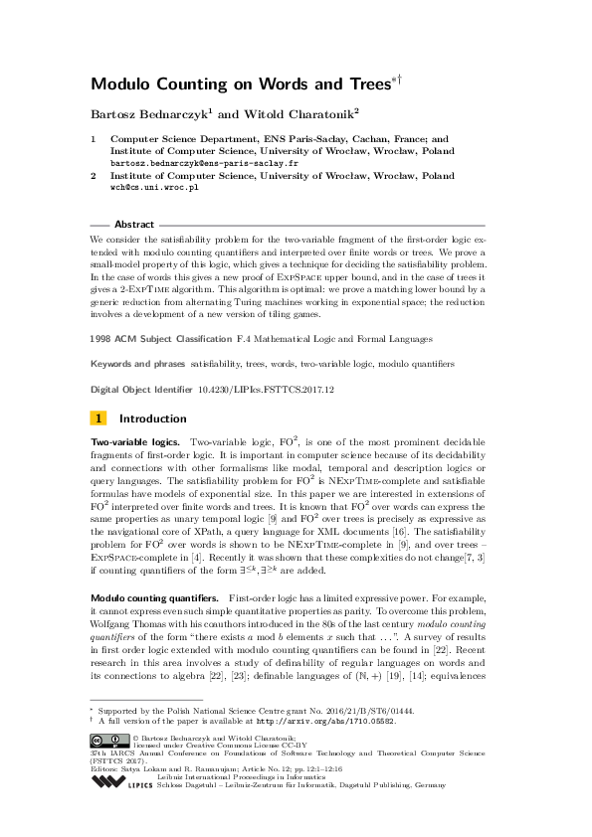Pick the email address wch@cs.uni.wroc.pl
[x=154, y=186]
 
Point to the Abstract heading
[x=134, y=225]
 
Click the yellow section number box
[x=99, y=418]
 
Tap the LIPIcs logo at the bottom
[x=125, y=781]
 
